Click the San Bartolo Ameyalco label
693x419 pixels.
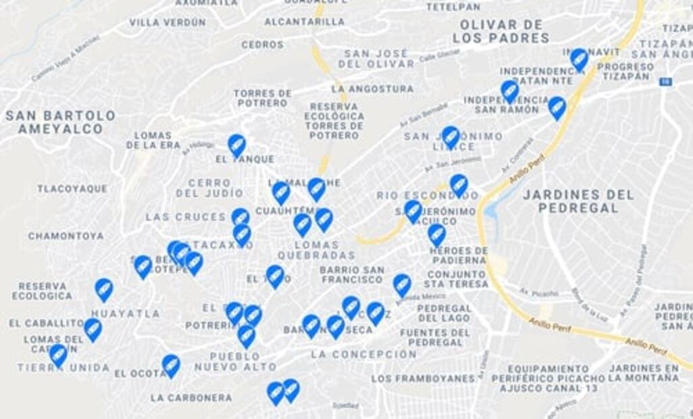[x=60, y=122]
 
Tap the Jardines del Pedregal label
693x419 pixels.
[x=578, y=201]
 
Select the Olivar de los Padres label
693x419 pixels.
[x=500, y=32]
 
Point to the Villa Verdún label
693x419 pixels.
[x=168, y=22]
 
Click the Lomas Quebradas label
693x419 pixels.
[x=316, y=250]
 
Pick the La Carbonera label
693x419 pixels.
[x=191, y=397]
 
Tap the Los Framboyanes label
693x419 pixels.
[x=423, y=378]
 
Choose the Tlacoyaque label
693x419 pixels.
[x=72, y=189]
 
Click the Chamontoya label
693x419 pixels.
[x=66, y=236]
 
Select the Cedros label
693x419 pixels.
[x=263, y=45]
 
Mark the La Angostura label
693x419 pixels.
[x=372, y=89]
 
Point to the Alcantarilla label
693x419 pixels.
[x=305, y=22]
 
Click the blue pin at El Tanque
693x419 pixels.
[x=236, y=144]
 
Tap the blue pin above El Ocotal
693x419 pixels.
[x=171, y=365]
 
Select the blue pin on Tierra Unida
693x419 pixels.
[x=58, y=354]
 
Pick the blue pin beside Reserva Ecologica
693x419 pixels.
[x=103, y=289]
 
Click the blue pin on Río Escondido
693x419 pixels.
[x=459, y=184]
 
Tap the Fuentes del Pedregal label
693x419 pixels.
[x=435, y=337]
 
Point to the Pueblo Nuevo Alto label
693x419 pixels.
[x=236, y=362]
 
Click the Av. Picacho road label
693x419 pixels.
[x=538, y=293]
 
